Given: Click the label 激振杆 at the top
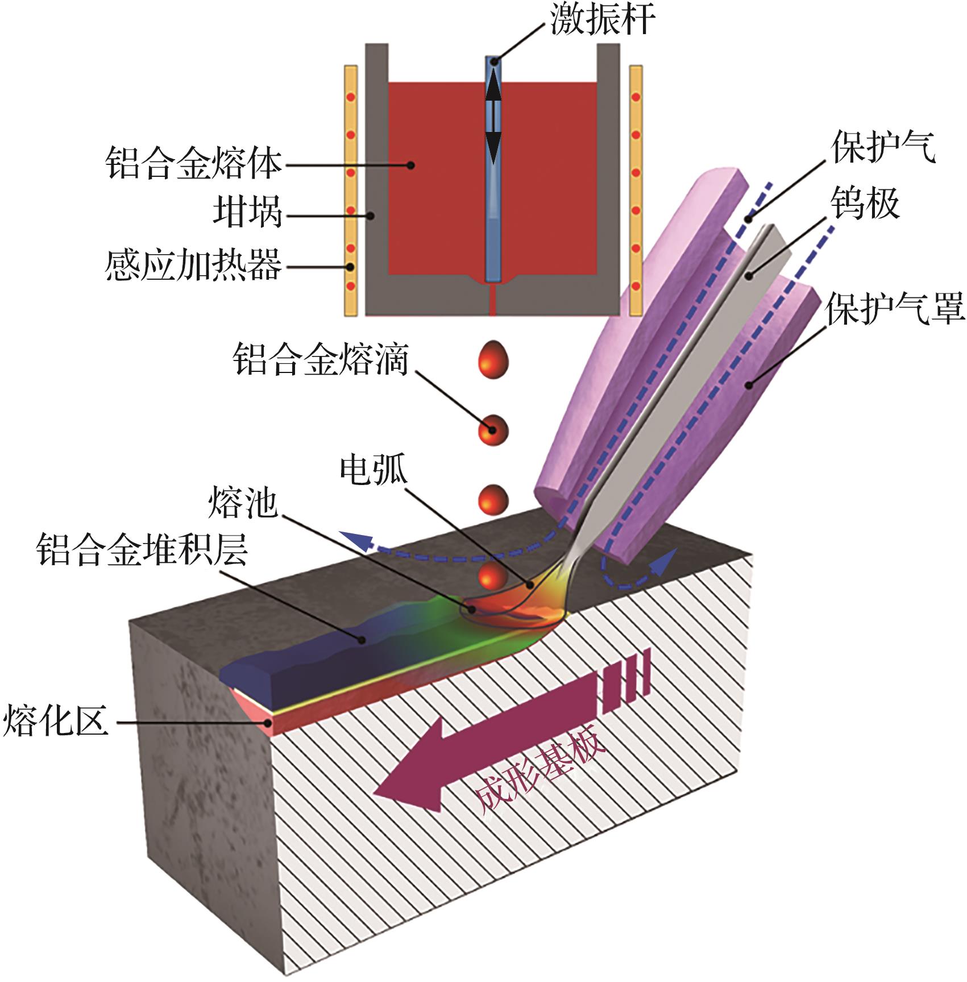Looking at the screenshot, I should pos(602,19).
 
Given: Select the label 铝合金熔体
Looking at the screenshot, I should pos(193,164).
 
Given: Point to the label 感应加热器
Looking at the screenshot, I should pos(193,265).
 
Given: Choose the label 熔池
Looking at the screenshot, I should pos(243,502).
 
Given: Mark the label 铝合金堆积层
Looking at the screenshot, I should pos(142,550).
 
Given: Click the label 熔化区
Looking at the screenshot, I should pos(55,720).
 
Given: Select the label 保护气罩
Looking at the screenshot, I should pos(895,309).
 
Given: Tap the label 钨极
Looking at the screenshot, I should pos(865,203).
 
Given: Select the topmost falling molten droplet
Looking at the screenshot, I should pos(492,359).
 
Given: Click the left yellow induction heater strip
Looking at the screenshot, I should pos(351,190).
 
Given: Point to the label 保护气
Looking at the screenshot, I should pos(883,147).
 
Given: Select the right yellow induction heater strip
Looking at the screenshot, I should pos(636,190).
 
